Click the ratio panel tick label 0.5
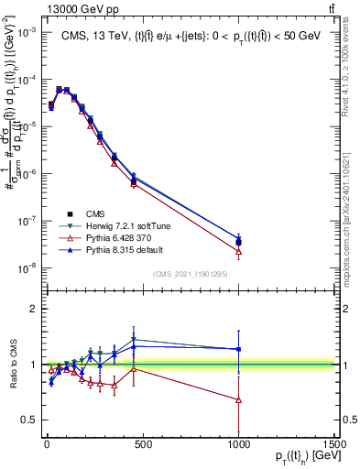click(28, 420)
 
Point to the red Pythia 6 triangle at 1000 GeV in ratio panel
click(238, 399)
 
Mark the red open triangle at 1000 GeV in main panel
click(238, 251)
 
